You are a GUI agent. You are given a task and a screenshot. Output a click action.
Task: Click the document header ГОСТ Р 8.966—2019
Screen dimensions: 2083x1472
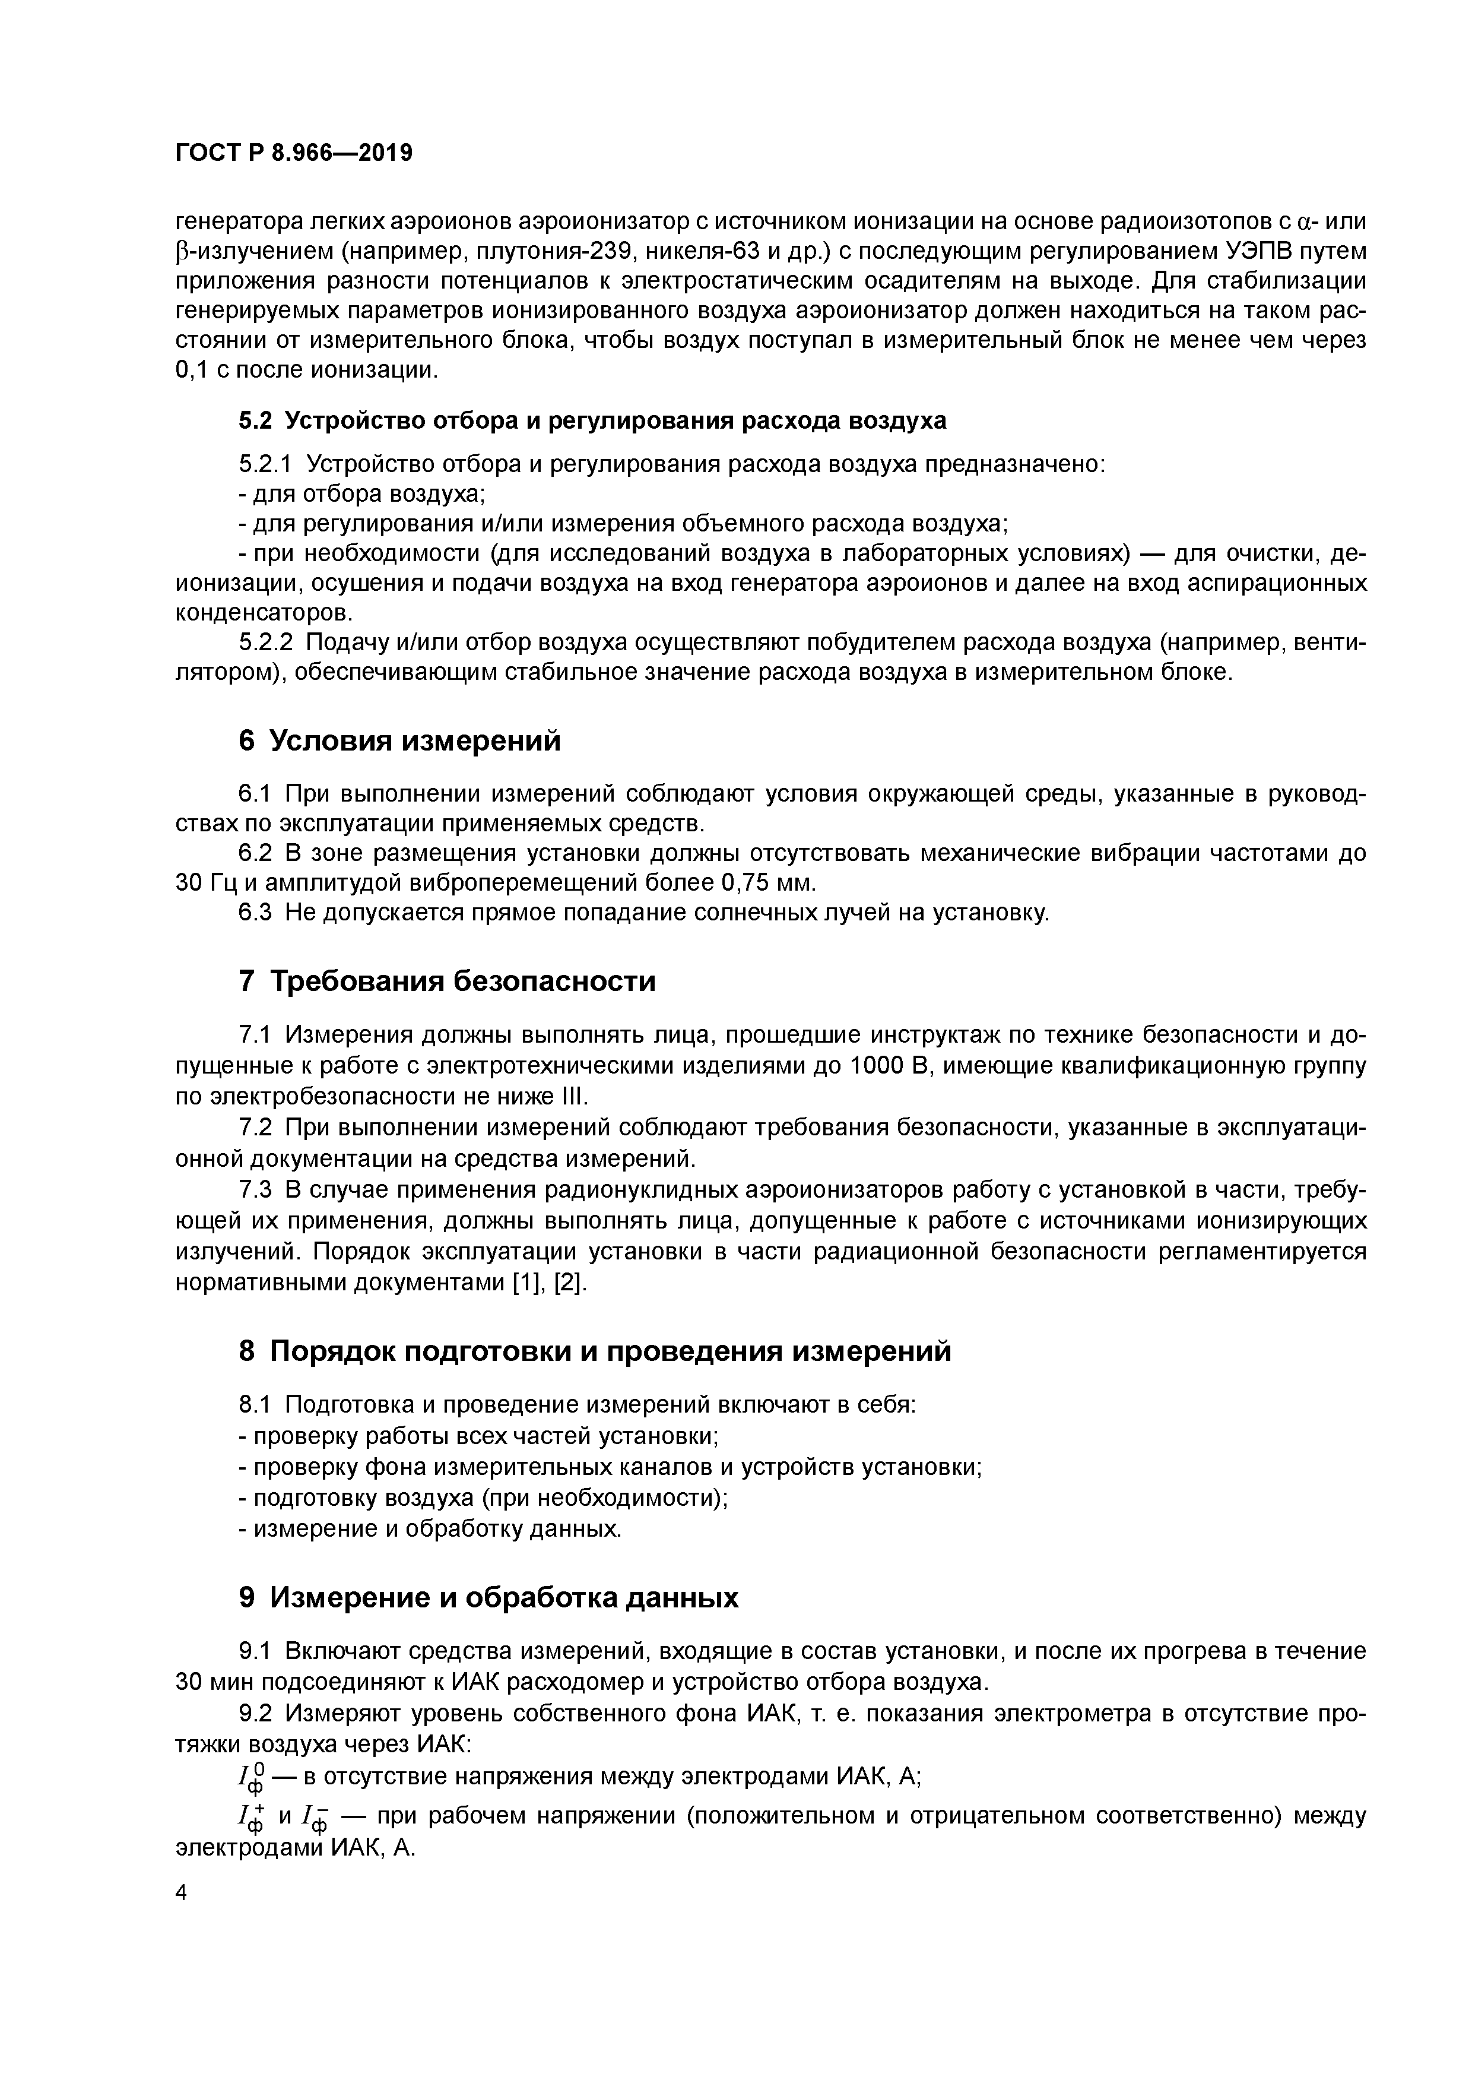pyautogui.click(x=293, y=153)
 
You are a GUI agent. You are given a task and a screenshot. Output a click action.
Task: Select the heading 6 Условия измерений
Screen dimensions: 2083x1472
pyautogui.click(x=399, y=741)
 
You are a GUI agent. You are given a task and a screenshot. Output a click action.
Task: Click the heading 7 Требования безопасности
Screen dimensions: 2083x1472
pyautogui.click(x=446, y=982)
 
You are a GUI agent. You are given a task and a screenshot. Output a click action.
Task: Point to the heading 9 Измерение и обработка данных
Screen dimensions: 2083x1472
pyautogui.click(x=488, y=1598)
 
